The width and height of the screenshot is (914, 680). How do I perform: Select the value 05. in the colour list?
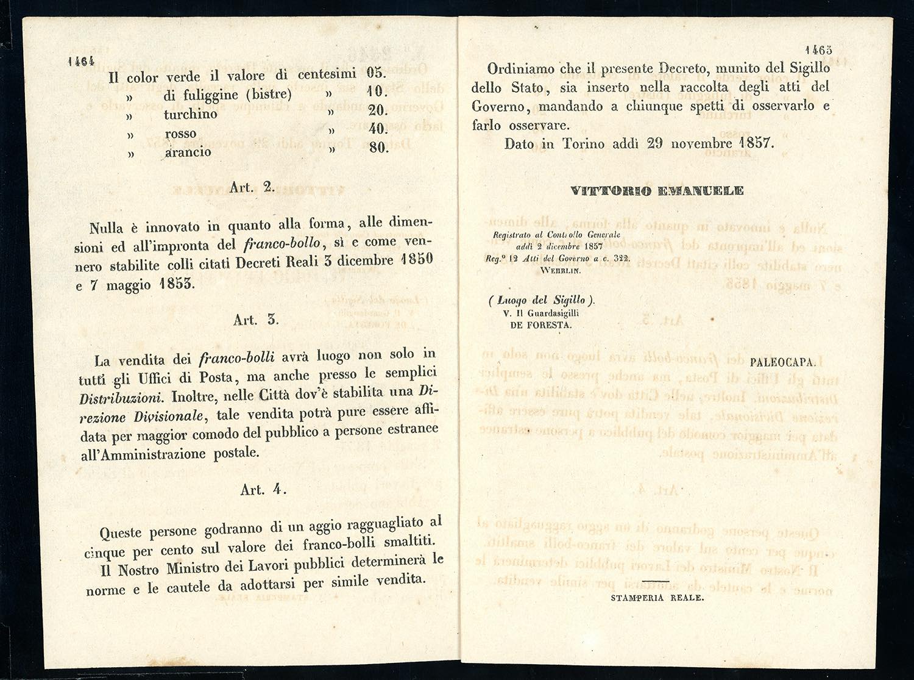[377, 73]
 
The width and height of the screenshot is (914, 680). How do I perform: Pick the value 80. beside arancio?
[378, 148]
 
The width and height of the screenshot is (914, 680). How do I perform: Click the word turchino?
[190, 114]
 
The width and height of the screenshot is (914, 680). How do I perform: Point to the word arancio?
[188, 152]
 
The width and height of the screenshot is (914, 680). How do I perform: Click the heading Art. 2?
[252, 188]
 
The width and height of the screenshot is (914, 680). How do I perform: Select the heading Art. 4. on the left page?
[263, 490]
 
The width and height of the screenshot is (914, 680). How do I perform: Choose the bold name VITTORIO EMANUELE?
[657, 191]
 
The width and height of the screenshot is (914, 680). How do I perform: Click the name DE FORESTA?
[540, 326]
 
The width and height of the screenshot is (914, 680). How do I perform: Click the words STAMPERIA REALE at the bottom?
[657, 598]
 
